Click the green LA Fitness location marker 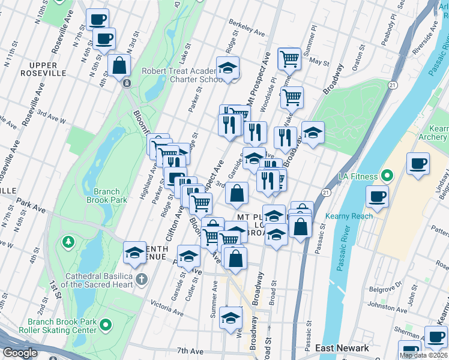(387, 177)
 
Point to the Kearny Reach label (349, 216)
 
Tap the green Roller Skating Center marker (106, 326)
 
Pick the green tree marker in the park (68, 242)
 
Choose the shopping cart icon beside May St (290, 59)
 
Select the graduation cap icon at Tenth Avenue (135, 253)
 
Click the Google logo (20, 353)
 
